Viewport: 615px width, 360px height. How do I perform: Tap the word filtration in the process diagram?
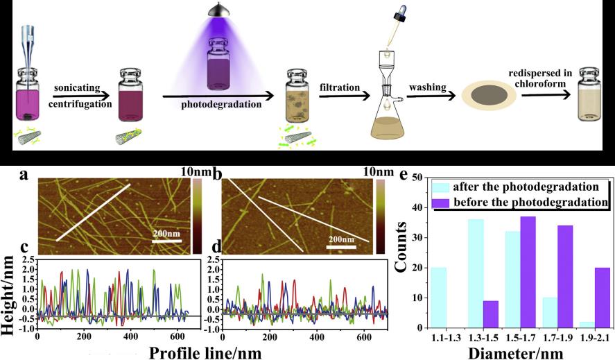point(340,88)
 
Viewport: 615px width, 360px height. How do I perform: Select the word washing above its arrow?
point(427,89)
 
